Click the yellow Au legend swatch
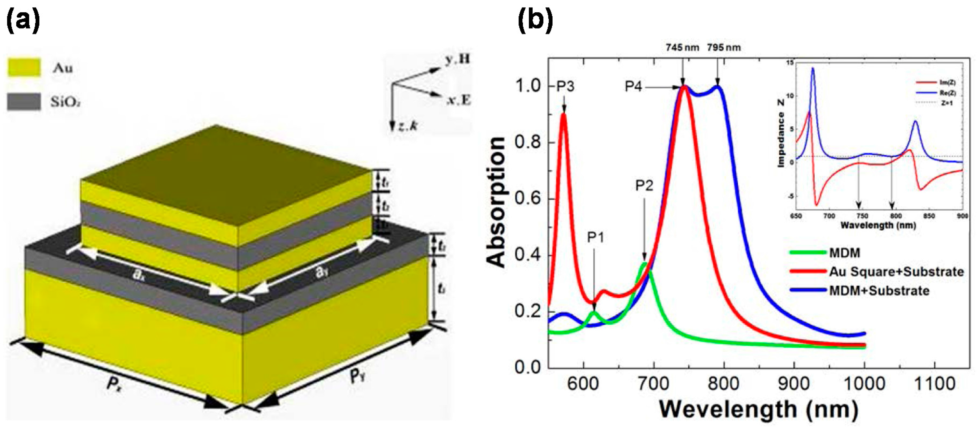(24, 67)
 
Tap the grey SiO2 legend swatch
(24, 101)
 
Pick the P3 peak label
(565, 87)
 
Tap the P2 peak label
(644, 186)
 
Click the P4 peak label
(633, 87)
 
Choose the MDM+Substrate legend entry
(879, 291)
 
